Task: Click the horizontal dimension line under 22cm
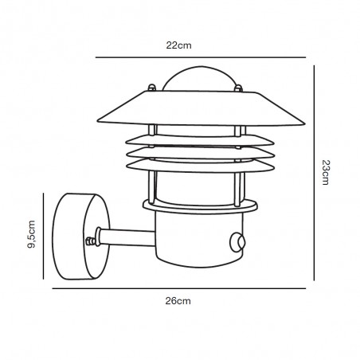pyautogui.click(x=201, y=57)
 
